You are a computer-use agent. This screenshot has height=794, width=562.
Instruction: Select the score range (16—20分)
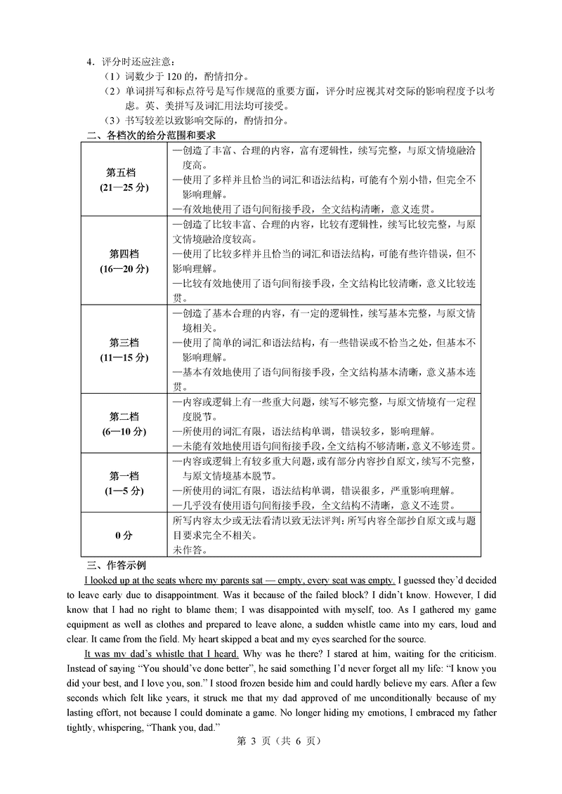click(x=124, y=268)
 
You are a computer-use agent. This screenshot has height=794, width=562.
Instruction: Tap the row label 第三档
click(x=124, y=343)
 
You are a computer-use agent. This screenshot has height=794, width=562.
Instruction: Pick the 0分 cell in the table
click(x=124, y=536)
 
